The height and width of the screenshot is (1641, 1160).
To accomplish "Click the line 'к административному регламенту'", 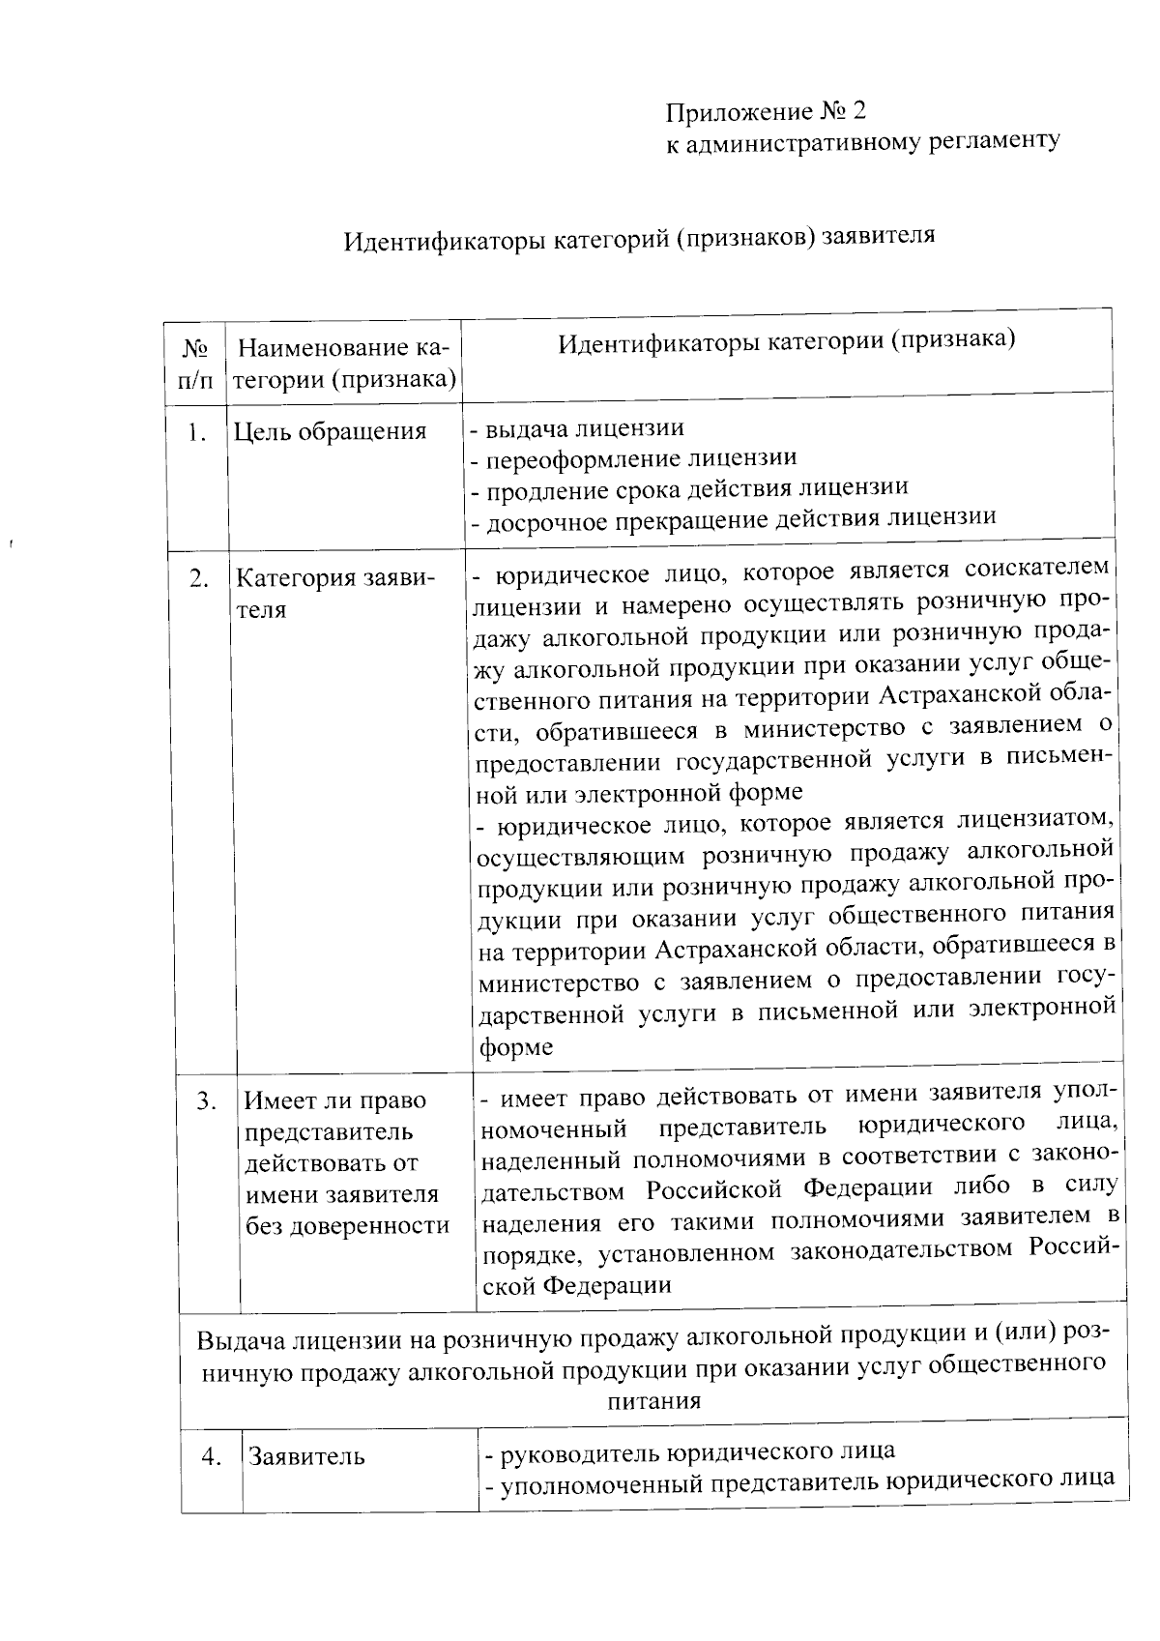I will pyautogui.click(x=862, y=141).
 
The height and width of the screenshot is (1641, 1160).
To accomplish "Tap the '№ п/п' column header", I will pyautogui.click(x=195, y=363).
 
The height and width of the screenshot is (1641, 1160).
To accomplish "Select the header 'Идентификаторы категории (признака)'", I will pyautogui.click(x=786, y=340).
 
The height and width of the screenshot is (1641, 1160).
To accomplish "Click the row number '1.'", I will pyautogui.click(x=197, y=432).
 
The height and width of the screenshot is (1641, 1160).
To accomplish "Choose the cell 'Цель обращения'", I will pyautogui.click(x=330, y=431).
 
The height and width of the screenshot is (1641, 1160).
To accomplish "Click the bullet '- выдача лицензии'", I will pyautogui.click(x=578, y=427).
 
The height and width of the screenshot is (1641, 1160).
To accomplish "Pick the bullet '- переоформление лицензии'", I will pyautogui.click(x=634, y=457).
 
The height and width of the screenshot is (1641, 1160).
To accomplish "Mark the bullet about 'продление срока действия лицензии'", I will pyautogui.click(x=689, y=488).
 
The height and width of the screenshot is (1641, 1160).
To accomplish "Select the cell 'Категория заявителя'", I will pyautogui.click(x=334, y=594).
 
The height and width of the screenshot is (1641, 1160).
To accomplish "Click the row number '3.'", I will pyautogui.click(x=206, y=1100).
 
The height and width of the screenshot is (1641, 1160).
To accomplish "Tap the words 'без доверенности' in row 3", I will pyautogui.click(x=347, y=1225).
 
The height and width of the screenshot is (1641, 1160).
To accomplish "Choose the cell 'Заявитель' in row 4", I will pyautogui.click(x=306, y=1456).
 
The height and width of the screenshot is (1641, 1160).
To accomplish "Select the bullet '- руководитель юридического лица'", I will pyautogui.click(x=689, y=1451).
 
